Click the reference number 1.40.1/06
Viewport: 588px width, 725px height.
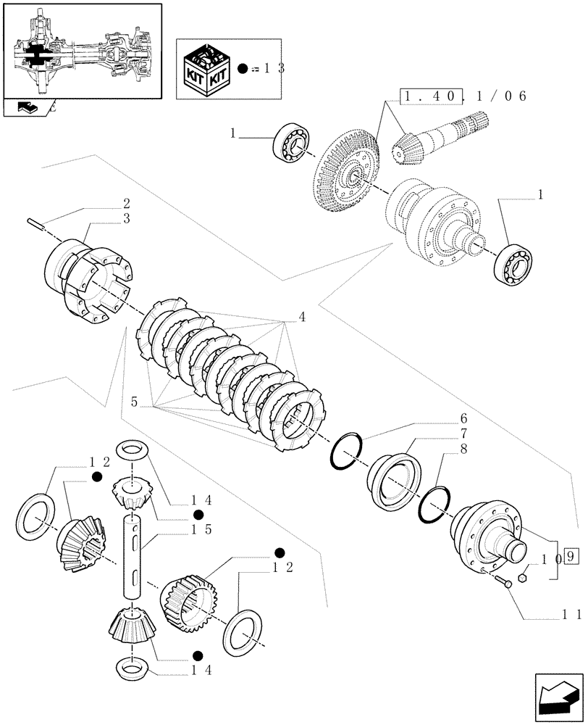coord(463,96)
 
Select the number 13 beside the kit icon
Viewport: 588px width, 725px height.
coord(274,69)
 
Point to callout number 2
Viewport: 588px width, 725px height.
coord(126,204)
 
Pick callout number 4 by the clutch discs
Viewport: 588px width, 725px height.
coord(301,317)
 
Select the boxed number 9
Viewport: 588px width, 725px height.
coord(571,558)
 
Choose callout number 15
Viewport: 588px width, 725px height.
coord(201,530)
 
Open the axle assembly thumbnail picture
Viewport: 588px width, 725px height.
coord(81,51)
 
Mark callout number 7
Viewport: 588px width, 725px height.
coord(462,434)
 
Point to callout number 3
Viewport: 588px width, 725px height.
coord(126,218)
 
